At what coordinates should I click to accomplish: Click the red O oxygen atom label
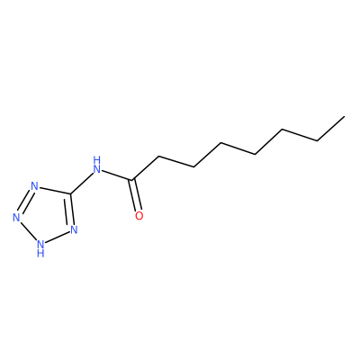139,216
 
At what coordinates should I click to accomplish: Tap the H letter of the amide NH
96,159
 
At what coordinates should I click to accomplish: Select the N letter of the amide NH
96,169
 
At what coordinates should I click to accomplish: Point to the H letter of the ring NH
40,254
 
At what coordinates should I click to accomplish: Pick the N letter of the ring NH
40,243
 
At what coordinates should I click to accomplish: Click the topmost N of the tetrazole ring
35,186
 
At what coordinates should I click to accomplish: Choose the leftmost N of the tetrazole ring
16,218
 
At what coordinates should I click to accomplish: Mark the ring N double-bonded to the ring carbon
74,229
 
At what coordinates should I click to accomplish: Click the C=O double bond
135,195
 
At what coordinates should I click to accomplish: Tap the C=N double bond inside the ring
71,210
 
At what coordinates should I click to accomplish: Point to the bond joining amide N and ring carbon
82,184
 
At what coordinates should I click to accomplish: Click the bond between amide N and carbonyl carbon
118,175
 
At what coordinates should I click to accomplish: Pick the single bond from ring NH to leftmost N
28,230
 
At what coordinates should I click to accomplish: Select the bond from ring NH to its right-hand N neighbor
58,237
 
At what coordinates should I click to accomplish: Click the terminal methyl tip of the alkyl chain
344,116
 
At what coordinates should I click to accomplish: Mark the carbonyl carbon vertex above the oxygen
132,180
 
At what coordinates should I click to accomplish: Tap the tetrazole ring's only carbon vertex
71,193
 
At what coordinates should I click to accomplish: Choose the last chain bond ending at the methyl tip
330,129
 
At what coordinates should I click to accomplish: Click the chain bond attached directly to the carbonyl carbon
146,168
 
